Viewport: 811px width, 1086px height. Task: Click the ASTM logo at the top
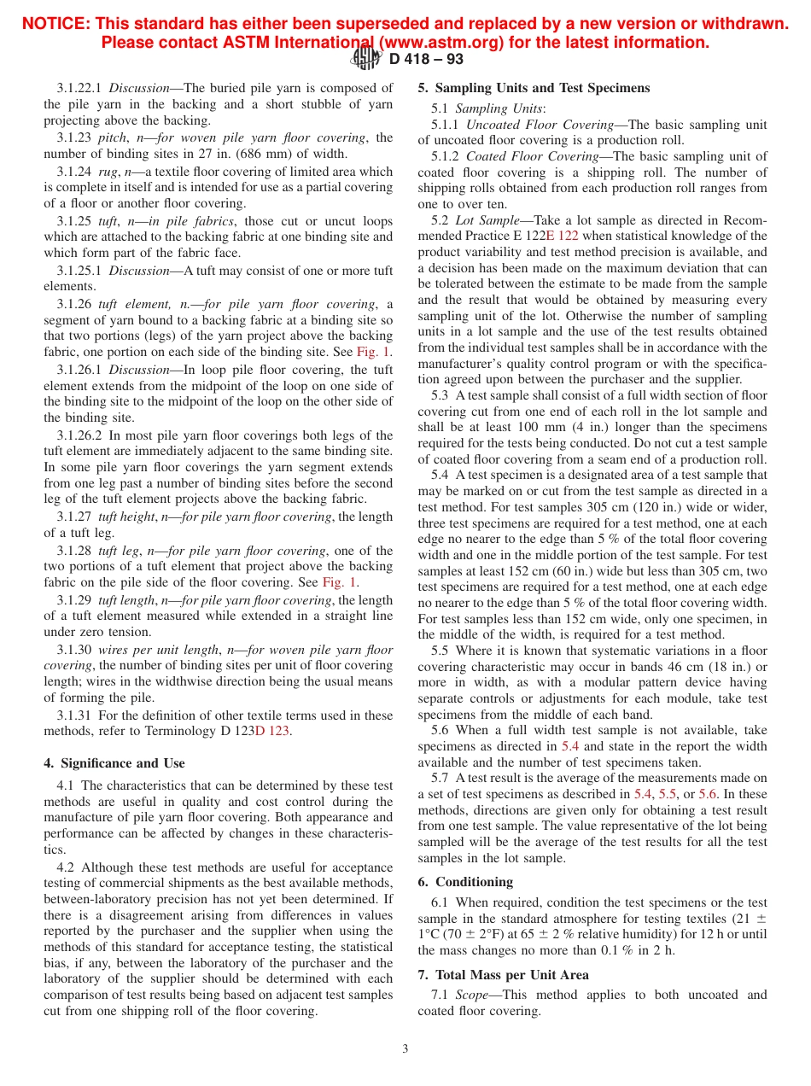coord(367,58)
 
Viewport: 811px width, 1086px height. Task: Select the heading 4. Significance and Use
coord(114,763)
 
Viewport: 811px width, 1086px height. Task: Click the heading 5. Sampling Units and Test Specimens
coord(534,88)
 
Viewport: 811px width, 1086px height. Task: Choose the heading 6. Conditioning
coord(465,882)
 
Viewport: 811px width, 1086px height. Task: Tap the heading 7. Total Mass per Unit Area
coord(503,974)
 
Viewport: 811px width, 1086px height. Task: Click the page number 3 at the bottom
coord(405,1048)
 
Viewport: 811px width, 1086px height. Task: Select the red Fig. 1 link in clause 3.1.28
coord(340,582)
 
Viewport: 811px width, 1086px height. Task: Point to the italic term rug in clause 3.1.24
coord(108,172)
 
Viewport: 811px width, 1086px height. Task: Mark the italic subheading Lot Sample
coord(487,220)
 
